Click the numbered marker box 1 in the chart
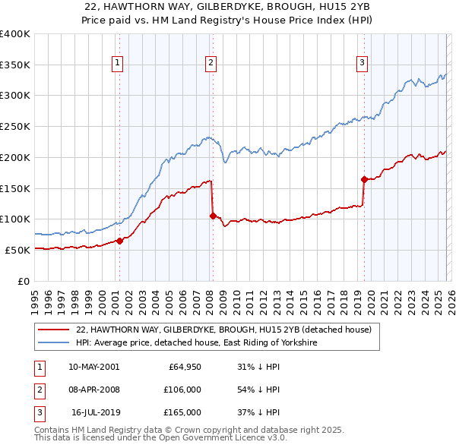[119, 63]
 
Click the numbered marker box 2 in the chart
[211, 63]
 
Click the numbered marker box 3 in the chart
[363, 63]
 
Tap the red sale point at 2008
[213, 216]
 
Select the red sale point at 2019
[364, 179]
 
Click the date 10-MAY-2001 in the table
[93, 367]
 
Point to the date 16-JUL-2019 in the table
[95, 412]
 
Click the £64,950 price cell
[183, 367]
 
